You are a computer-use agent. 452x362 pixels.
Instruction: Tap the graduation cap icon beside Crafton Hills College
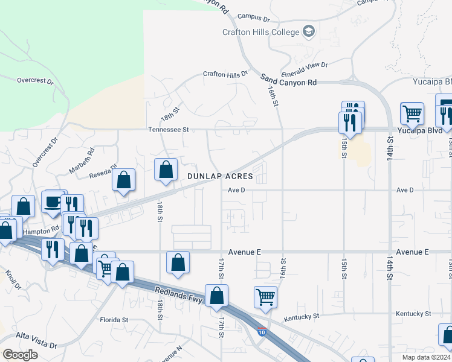pyautogui.click(x=309, y=31)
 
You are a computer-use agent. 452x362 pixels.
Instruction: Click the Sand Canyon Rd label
pyautogui.click(x=289, y=81)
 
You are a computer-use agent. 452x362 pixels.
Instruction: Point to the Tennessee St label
pyautogui.click(x=169, y=129)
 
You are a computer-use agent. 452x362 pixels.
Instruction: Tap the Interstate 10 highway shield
pyautogui.click(x=262, y=332)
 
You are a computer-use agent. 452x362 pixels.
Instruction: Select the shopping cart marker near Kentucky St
pyautogui.click(x=265, y=296)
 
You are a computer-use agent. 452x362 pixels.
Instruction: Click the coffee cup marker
pyautogui.click(x=53, y=202)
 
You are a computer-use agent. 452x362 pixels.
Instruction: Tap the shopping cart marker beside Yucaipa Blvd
pyautogui.click(x=412, y=113)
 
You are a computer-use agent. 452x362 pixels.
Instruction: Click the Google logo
pyautogui.click(x=20, y=354)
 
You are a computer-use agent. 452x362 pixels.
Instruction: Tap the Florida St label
pyautogui.click(x=114, y=319)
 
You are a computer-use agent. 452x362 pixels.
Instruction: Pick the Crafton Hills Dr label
pyautogui.click(x=225, y=74)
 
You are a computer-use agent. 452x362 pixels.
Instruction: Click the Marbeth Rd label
pyautogui.click(x=82, y=160)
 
